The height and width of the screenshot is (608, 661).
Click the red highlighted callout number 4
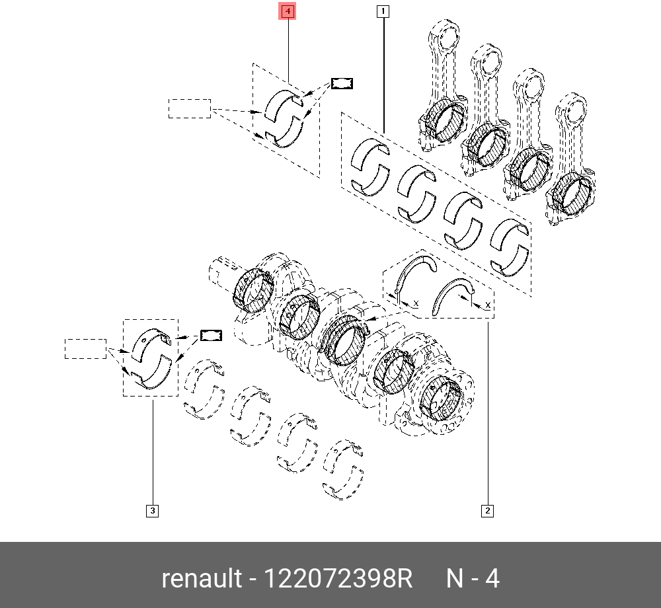tap(288, 11)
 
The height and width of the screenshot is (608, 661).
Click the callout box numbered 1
tap(383, 11)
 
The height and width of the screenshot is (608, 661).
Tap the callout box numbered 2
tap(487, 510)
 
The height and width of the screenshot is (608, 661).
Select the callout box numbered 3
tap(152, 510)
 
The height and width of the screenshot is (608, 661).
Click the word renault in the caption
tap(202, 579)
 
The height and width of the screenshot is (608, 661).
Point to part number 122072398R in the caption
tap(338, 579)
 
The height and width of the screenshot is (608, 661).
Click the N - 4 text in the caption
tap(473, 579)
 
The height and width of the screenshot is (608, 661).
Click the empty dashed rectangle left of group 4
tap(189, 108)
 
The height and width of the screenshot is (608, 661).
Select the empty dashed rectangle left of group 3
tap(85, 348)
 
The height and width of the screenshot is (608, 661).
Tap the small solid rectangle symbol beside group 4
tap(342, 83)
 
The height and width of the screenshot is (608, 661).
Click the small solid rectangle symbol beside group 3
tap(211, 335)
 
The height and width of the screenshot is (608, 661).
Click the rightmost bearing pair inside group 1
tap(510, 245)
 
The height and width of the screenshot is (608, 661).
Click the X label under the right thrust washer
tap(487, 305)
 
